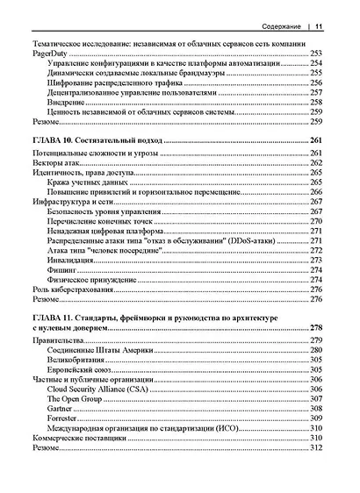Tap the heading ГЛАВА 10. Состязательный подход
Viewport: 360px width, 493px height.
tap(96, 140)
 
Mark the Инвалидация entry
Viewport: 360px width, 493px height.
tap(72, 261)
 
